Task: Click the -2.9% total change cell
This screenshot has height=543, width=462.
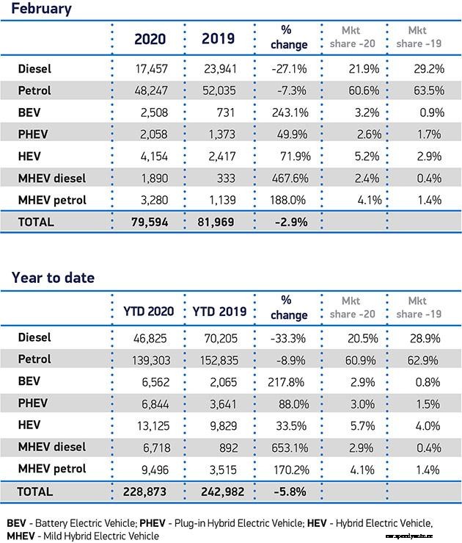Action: pos(288,221)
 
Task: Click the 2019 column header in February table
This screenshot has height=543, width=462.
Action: pos(218,39)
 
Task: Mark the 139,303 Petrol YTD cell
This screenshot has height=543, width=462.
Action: pos(149,359)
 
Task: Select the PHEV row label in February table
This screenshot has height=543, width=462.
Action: pos(33,134)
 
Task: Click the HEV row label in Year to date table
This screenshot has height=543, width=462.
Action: pos(29,425)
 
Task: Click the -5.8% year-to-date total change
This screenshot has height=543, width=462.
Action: pos(288,491)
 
